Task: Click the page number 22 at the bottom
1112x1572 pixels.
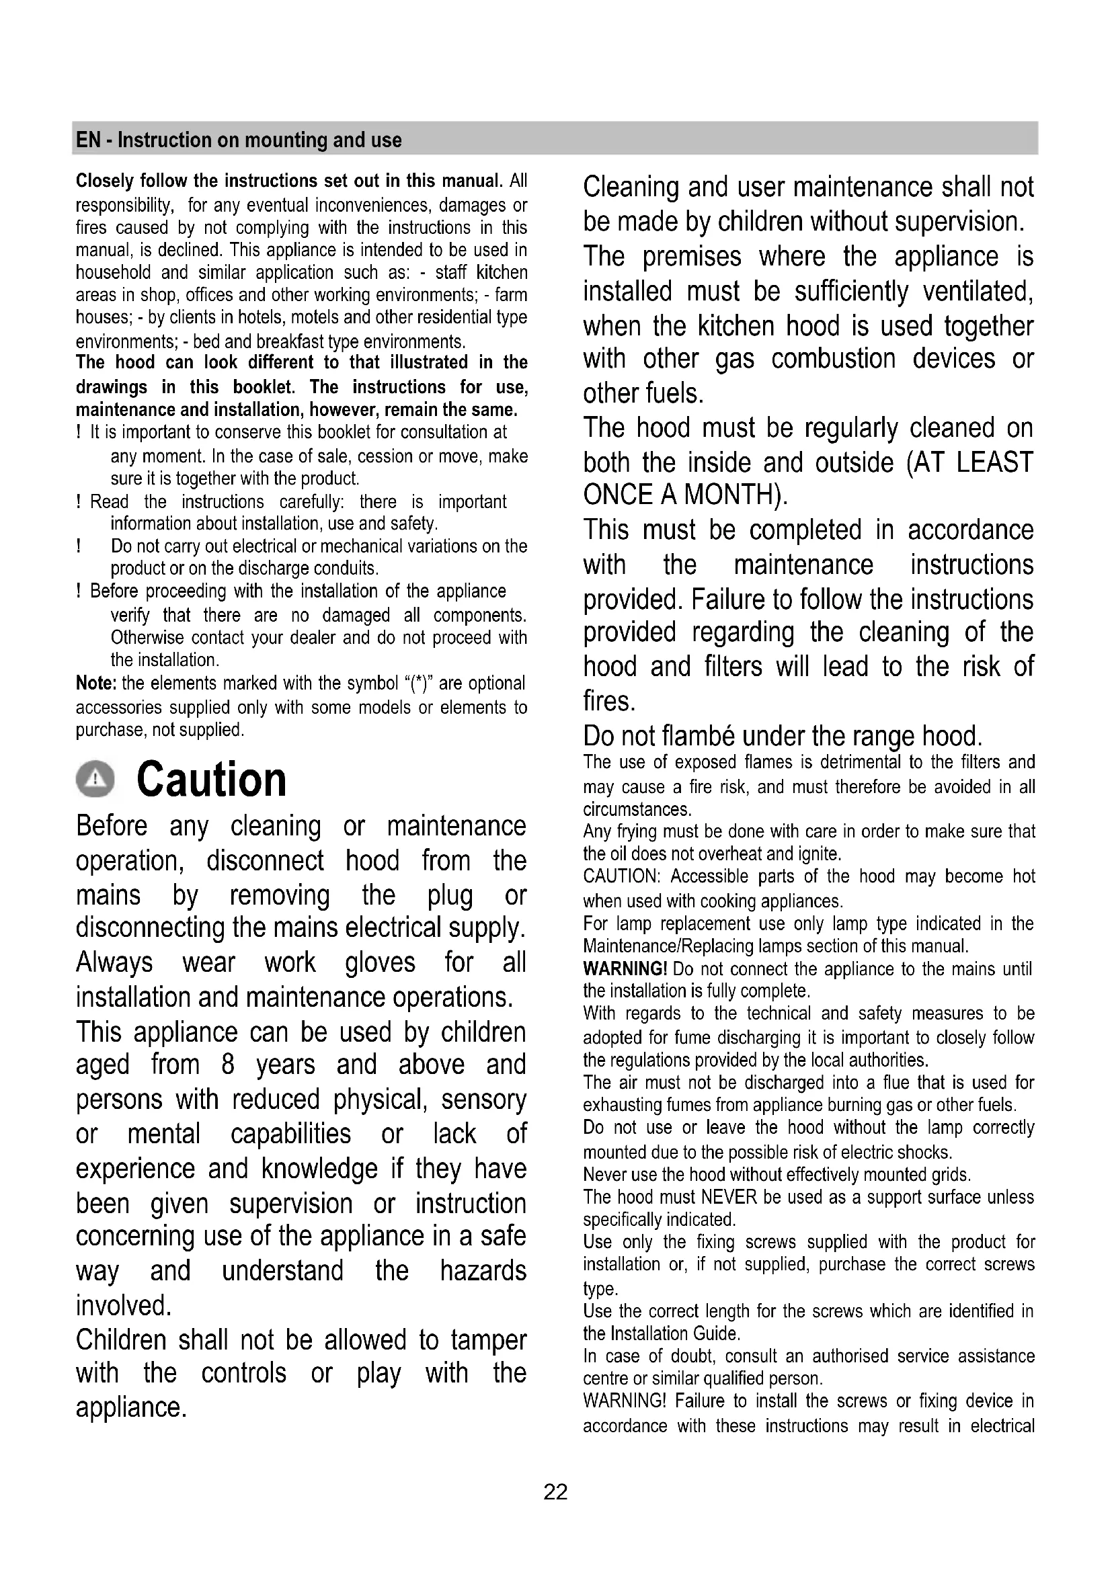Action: click(x=555, y=1493)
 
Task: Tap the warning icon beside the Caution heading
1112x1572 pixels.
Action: click(x=95, y=780)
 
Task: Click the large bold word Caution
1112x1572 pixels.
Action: click(x=212, y=780)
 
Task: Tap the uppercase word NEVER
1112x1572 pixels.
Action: click(x=730, y=1198)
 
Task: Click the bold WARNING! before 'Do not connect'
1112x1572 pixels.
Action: click(x=625, y=969)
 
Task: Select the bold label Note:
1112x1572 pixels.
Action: click(x=97, y=684)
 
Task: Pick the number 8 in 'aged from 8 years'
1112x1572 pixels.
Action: click(x=228, y=1065)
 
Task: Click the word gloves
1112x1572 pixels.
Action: click(x=380, y=962)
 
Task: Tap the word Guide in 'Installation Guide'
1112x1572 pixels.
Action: click(x=716, y=1333)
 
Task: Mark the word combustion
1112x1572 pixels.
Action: click(x=833, y=359)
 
